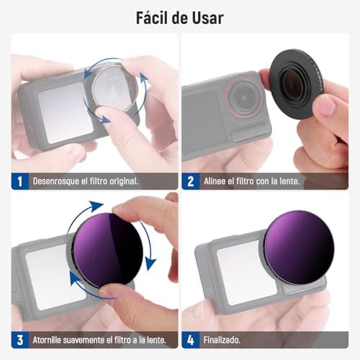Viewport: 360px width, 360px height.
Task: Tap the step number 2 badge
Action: coord(191,181)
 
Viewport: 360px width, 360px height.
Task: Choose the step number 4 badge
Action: coord(191,339)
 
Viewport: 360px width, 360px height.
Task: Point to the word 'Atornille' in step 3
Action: coord(53,340)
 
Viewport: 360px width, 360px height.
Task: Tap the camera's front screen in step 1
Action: coord(64,112)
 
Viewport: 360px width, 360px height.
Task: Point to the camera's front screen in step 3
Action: coord(48,277)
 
